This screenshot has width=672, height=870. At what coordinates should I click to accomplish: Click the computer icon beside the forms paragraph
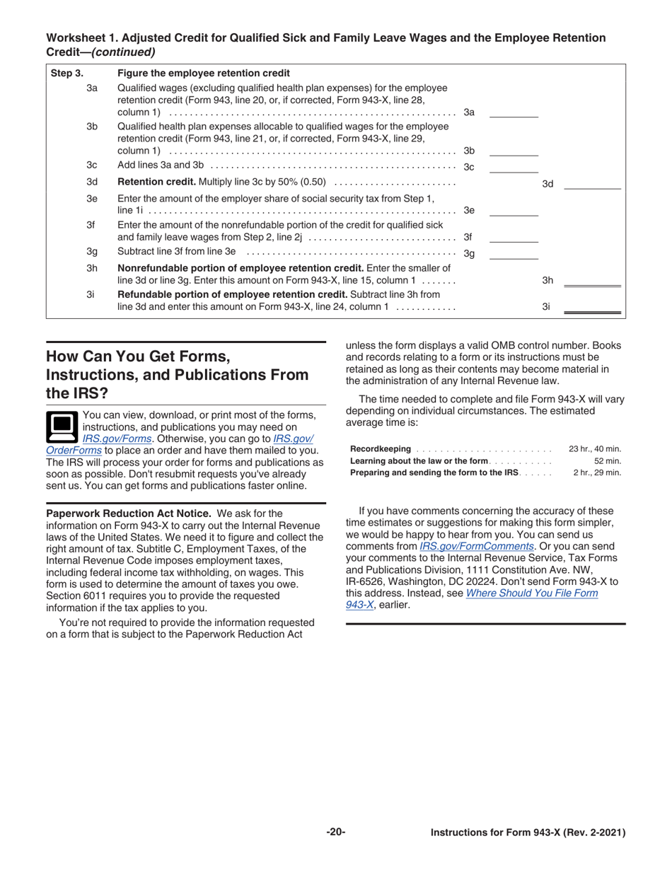[x=62, y=427]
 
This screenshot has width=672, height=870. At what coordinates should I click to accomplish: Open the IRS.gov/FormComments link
[x=476, y=546]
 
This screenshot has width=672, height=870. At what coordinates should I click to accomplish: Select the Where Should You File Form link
[x=532, y=593]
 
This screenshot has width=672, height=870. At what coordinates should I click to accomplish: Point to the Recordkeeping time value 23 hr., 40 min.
[x=594, y=449]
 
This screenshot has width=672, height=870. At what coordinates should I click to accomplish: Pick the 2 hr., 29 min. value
[x=596, y=472]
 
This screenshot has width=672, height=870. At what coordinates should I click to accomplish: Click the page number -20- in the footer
[x=336, y=833]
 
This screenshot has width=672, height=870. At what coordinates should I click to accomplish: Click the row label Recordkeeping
[x=381, y=449]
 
